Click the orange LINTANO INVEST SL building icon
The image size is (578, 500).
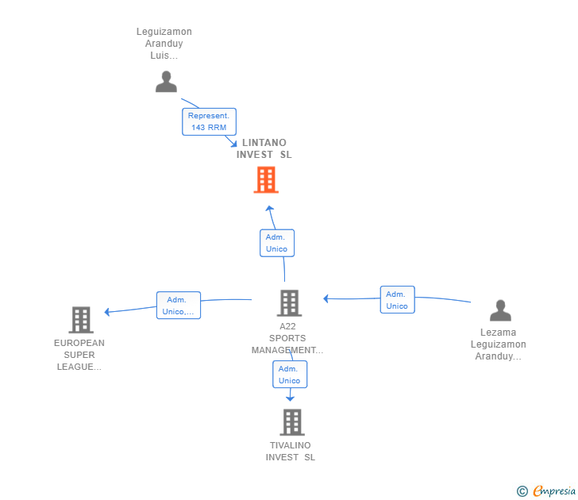[266, 180]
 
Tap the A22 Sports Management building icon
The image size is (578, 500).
[289, 303]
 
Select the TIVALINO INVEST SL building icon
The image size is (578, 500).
[292, 422]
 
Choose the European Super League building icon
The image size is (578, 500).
[81, 320]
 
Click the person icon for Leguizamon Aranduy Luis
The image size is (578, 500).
[166, 82]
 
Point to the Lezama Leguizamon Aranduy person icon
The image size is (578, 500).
[500, 310]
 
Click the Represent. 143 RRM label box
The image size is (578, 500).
[209, 121]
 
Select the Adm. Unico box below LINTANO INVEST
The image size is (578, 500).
[277, 243]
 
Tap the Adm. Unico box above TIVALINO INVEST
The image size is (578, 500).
[290, 375]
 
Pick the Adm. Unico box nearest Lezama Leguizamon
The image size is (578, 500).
[397, 299]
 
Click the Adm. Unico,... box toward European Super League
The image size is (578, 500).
[179, 305]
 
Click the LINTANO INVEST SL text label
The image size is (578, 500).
[264, 148]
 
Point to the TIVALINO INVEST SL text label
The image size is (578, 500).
[291, 452]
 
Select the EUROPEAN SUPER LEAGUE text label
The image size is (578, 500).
[79, 355]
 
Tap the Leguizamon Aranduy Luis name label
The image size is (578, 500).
[164, 44]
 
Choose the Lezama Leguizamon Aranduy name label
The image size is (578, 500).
[499, 344]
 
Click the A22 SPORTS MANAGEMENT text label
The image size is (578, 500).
[287, 338]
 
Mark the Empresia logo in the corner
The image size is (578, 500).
[546, 490]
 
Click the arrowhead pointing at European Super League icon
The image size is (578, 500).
[107, 312]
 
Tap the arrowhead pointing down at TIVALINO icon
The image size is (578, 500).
[290, 399]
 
